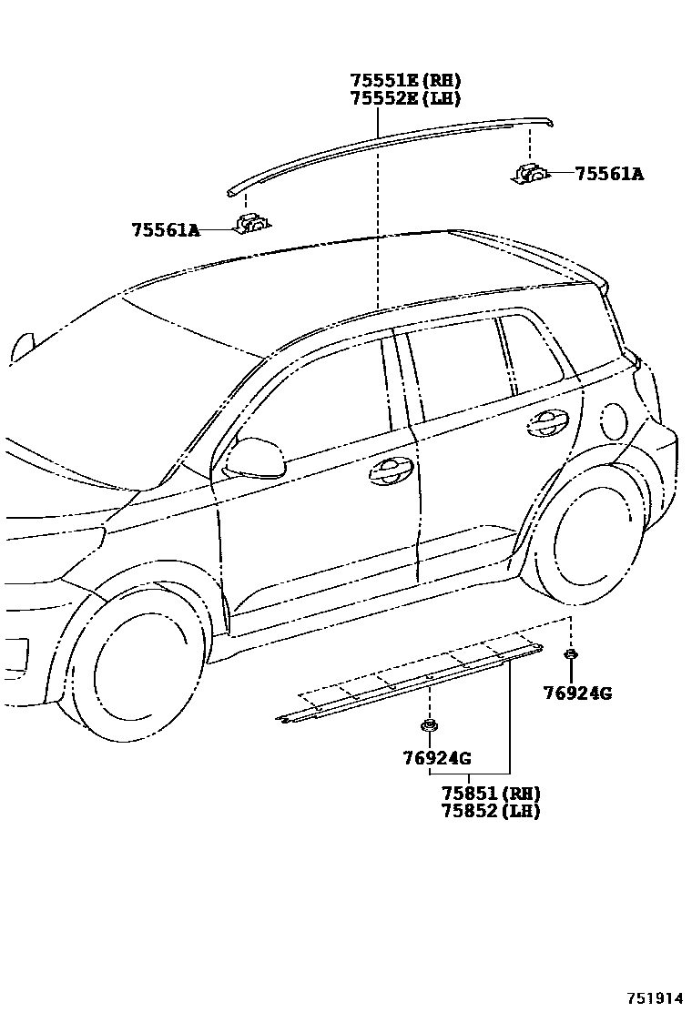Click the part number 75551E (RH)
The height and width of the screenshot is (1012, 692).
tap(405, 81)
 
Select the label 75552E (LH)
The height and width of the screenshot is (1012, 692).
tap(405, 98)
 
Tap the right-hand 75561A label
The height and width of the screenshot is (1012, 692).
tap(608, 173)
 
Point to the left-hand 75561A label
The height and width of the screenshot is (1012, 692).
tap(165, 230)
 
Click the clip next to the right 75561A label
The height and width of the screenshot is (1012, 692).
tap(530, 173)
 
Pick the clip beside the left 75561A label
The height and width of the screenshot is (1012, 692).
tap(249, 223)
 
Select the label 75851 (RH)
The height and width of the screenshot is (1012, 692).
tap(491, 794)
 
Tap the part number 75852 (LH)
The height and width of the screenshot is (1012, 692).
tap(491, 811)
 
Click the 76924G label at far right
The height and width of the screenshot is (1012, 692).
tap(577, 693)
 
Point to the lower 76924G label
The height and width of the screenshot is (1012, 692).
tap(436, 757)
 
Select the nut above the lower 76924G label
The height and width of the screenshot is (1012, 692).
tap(428, 725)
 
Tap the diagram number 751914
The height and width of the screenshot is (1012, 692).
tap(655, 998)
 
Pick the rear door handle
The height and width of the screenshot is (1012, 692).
tap(547, 420)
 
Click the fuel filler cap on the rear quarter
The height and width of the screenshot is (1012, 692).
tap(615, 420)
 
